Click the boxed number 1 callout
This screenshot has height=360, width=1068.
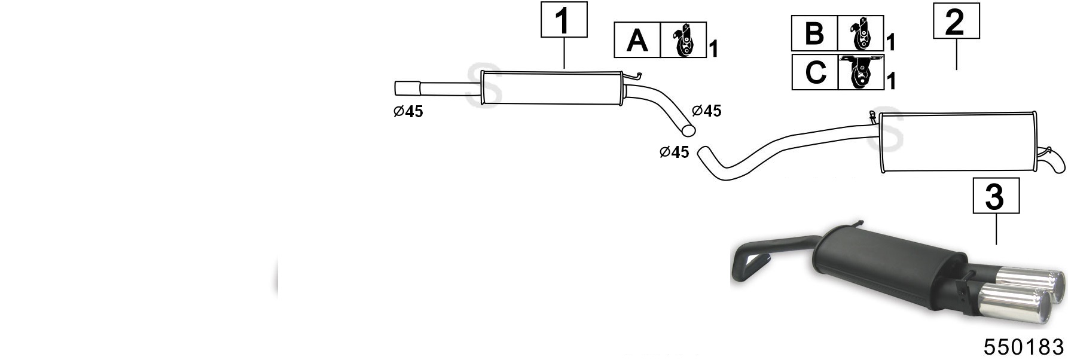tap(564, 20)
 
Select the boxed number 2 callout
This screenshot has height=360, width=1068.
tap(956, 21)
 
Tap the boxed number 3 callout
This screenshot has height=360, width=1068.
tap(996, 195)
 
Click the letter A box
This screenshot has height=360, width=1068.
tap(637, 40)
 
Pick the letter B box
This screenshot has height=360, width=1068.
tap(814, 33)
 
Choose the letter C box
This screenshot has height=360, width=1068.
tap(815, 72)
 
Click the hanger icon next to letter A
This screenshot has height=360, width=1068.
tap(683, 40)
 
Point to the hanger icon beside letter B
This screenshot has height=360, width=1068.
tap(860, 33)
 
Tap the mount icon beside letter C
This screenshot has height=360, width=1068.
tap(861, 72)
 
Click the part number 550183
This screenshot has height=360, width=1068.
tap(1024, 347)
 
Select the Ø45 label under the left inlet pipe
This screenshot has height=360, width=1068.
tap(408, 112)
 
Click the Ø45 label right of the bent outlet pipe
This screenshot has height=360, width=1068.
tap(706, 111)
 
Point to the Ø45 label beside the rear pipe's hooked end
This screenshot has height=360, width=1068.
tap(674, 152)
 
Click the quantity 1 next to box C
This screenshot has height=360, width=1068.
tap(891, 81)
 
